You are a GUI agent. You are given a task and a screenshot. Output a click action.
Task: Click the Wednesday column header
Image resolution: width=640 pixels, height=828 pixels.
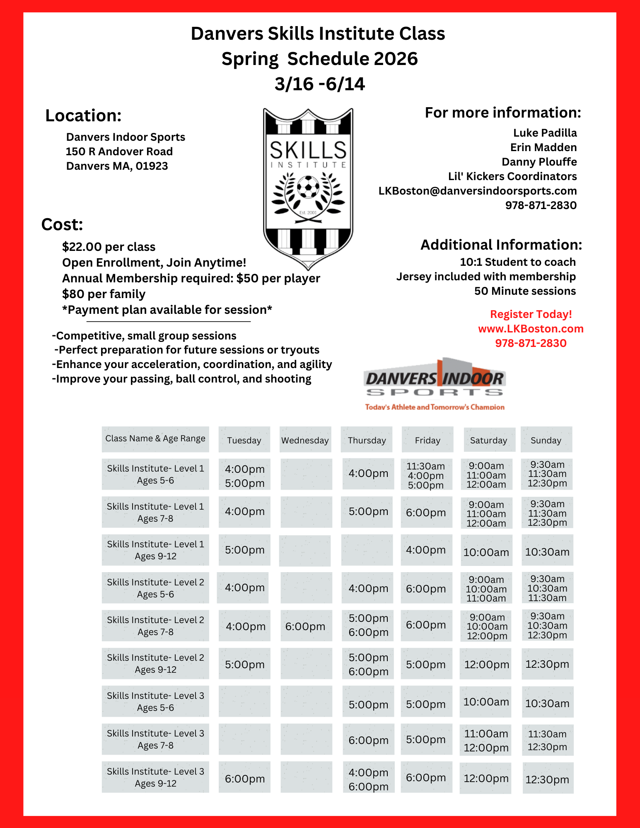305,440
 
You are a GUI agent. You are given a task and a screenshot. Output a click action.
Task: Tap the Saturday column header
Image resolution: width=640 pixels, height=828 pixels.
488,440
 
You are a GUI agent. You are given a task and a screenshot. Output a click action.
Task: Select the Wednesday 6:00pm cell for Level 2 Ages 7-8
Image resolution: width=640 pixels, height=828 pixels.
305,626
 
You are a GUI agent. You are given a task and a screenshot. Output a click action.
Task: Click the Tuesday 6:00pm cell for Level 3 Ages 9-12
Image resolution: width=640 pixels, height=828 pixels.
244,779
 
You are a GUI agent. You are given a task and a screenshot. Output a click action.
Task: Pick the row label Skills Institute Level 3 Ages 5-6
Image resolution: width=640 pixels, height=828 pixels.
155,702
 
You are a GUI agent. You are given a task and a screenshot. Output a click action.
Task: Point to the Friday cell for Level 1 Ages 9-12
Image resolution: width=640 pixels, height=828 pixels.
426,550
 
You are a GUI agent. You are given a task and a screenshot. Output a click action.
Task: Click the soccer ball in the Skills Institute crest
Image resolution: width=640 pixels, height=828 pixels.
308,187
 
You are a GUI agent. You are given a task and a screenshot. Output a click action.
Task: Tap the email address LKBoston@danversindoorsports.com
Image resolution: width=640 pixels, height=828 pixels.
477,191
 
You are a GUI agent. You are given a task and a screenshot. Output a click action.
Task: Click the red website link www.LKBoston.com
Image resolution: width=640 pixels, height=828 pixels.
531,329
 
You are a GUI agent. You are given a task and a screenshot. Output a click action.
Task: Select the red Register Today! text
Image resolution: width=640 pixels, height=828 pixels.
531,314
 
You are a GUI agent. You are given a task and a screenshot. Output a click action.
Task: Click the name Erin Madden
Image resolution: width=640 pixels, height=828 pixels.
543,147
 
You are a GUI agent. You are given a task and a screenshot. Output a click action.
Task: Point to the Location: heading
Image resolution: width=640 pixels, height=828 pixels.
83,116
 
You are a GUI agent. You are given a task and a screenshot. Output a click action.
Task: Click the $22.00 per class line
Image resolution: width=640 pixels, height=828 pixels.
109,247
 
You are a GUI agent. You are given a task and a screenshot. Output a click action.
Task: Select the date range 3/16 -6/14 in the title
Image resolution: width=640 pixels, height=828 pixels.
319,84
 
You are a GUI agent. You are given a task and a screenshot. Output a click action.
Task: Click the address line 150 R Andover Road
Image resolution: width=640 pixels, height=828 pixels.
119,152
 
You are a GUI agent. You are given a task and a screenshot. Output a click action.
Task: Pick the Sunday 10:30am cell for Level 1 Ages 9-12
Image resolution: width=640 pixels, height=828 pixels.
547,552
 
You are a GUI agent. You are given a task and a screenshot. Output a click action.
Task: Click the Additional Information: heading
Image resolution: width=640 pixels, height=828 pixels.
501,245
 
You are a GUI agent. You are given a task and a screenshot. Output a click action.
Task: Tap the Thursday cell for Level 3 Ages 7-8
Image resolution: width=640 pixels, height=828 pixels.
368,740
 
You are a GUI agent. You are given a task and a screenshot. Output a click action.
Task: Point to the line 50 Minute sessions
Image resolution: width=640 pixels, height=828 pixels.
525,291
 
